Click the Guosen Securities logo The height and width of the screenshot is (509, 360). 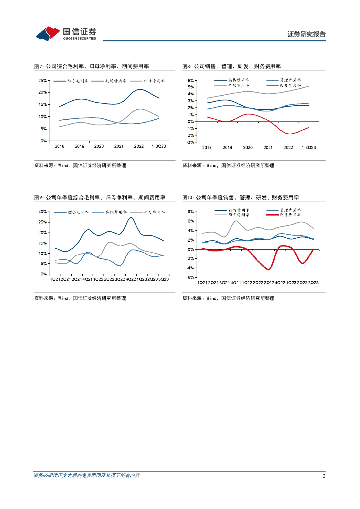66,33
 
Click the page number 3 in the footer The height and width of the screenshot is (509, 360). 324,476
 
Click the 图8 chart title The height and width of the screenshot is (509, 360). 232,66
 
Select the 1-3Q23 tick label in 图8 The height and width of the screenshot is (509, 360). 309,148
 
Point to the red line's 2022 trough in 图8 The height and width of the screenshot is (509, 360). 290,134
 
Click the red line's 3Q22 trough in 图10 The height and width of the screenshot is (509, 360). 269,269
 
